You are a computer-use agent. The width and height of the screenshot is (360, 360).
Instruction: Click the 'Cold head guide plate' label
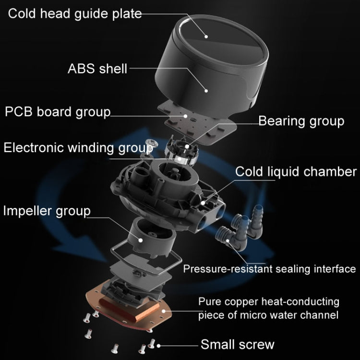pyautogui.click(x=75, y=13)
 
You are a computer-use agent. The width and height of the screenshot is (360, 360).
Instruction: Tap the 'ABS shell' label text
pyautogui.click(x=97, y=69)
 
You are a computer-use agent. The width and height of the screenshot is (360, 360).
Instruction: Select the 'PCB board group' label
pyautogui.click(x=58, y=112)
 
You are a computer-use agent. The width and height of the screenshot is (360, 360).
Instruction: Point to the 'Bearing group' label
pyautogui.click(x=301, y=121)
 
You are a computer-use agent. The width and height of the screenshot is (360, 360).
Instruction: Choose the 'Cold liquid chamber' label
pyautogui.click(x=296, y=172)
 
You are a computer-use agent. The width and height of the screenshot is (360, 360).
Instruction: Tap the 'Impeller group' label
pyautogui.click(x=47, y=210)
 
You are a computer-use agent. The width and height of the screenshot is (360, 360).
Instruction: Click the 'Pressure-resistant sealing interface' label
pyautogui.click(x=269, y=269)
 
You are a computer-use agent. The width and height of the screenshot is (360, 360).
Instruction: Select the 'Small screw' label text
pyautogui.click(x=237, y=344)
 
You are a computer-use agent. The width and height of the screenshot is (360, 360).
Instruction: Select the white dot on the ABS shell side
pyautogui.click(x=206, y=89)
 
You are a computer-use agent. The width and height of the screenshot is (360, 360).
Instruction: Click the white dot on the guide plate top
pyautogui.click(x=207, y=35)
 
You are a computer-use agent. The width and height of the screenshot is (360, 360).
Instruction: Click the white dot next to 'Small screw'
pyautogui.click(x=158, y=344)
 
